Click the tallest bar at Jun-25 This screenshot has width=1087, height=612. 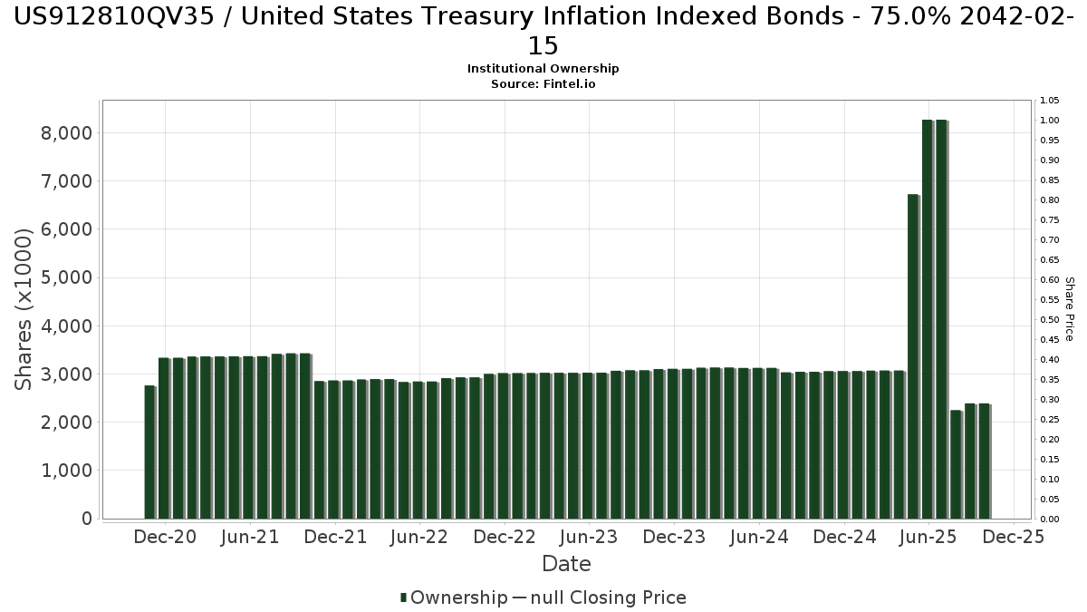[x=928, y=317]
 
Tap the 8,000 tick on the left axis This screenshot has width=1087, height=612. [x=68, y=133]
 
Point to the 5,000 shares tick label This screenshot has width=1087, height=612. [x=68, y=277]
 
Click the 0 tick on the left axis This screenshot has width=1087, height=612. [x=86, y=519]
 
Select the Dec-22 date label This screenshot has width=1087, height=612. [x=505, y=537]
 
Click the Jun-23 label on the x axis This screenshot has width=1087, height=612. [x=590, y=537]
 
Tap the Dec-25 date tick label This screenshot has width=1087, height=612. [x=1014, y=537]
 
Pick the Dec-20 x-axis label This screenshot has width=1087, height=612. [x=165, y=537]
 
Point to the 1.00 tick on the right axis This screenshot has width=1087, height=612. [x=1050, y=121]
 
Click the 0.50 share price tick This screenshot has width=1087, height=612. [x=1050, y=320]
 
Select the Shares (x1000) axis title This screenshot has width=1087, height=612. [x=24, y=308]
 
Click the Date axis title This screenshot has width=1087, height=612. [x=566, y=564]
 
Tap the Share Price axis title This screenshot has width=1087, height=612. [x=1069, y=309]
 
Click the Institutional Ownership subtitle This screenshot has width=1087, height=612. [x=543, y=69]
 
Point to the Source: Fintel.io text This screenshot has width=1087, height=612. [x=543, y=83]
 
